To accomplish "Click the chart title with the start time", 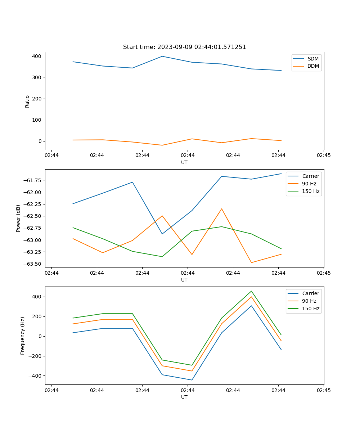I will [184, 47].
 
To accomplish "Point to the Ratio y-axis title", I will [27, 101].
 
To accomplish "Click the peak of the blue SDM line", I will [162, 56].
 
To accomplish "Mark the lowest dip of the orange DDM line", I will [162, 145].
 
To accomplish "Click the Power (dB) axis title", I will [18, 218].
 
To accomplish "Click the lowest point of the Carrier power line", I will [162, 234].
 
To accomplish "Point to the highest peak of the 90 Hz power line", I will [221, 209].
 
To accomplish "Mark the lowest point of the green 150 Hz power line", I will [162, 257].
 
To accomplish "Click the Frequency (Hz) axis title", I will [23, 336].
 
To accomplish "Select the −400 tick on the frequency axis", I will [35, 376].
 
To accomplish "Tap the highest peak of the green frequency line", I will [251, 291].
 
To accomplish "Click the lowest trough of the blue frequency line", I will [192, 380].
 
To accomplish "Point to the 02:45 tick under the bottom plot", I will [324, 390].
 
